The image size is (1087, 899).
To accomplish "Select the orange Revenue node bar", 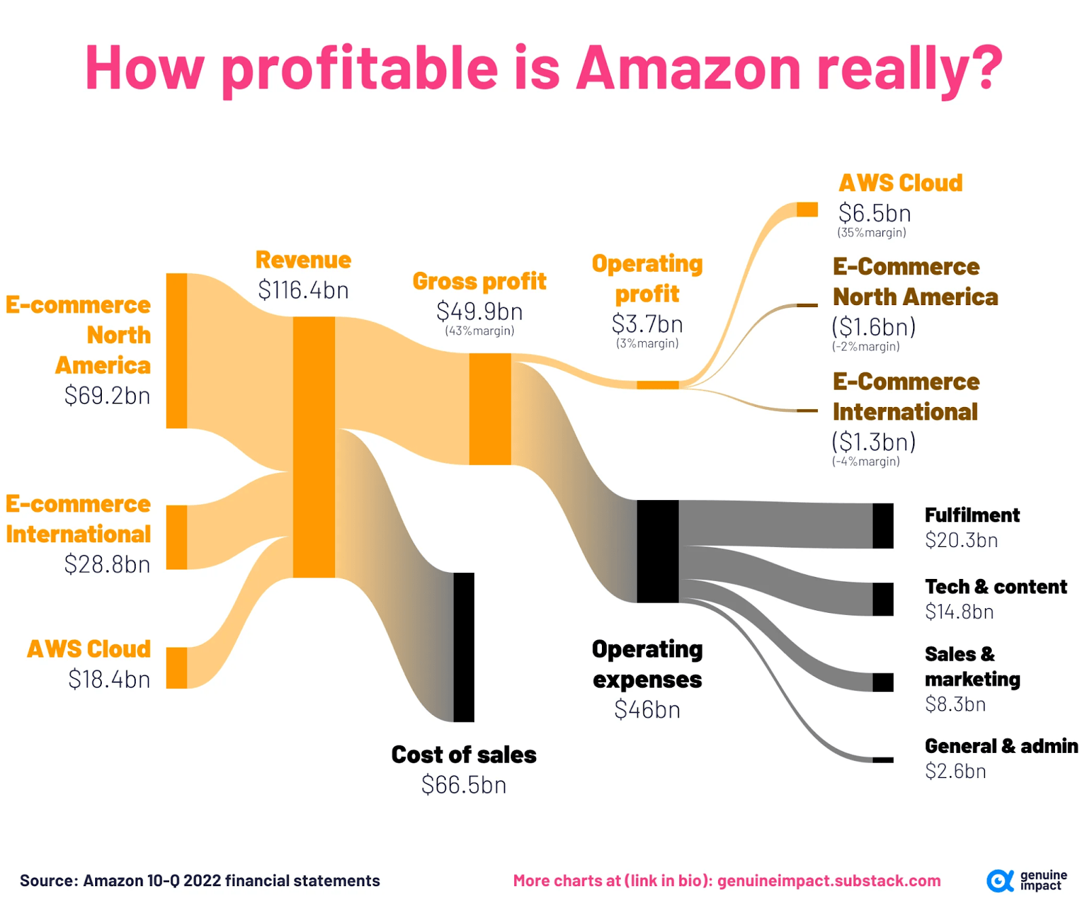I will (314, 446).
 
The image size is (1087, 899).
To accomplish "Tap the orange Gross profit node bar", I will (490, 408).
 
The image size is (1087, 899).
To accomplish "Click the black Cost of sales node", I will (464, 647).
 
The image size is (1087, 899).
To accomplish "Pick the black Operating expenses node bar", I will (658, 551).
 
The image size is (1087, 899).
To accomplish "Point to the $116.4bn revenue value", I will (303, 290).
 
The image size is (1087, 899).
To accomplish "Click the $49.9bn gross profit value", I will (479, 311).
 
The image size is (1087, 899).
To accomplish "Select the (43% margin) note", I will (480, 331).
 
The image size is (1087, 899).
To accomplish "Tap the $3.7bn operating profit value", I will (647, 324).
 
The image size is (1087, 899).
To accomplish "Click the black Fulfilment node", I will (883, 525).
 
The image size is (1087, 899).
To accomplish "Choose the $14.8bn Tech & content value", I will (959, 612).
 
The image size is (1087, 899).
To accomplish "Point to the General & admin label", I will (1001, 746).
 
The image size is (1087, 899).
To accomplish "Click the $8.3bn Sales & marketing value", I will (955, 704).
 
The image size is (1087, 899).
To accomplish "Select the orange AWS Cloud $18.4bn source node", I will (177, 668).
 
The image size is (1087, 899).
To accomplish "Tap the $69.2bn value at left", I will (107, 395).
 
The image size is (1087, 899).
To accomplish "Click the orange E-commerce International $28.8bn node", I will (177, 537).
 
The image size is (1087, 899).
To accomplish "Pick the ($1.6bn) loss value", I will (874, 327).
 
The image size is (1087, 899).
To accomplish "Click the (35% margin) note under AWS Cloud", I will (871, 232).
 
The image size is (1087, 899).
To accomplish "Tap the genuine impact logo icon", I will (999, 881).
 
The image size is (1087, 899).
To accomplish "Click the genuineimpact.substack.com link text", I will (829, 881).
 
